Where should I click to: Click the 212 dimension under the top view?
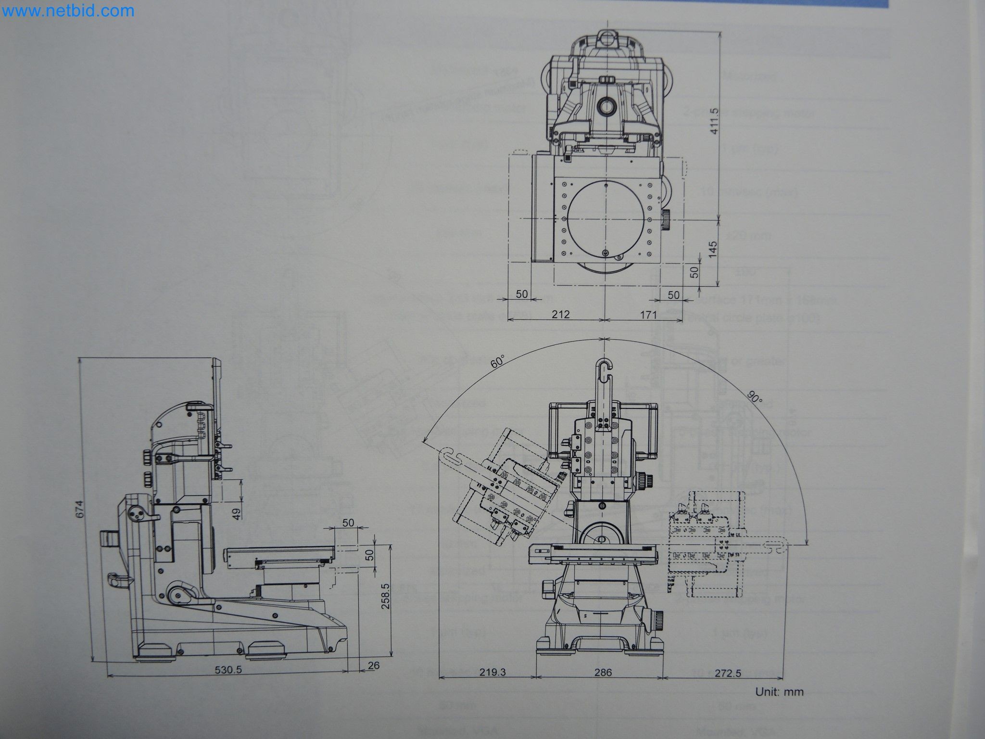(561, 315)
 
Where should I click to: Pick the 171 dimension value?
(648, 315)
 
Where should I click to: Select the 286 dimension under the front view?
(603, 673)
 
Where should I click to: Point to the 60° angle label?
(497, 361)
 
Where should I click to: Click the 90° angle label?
(755, 397)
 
